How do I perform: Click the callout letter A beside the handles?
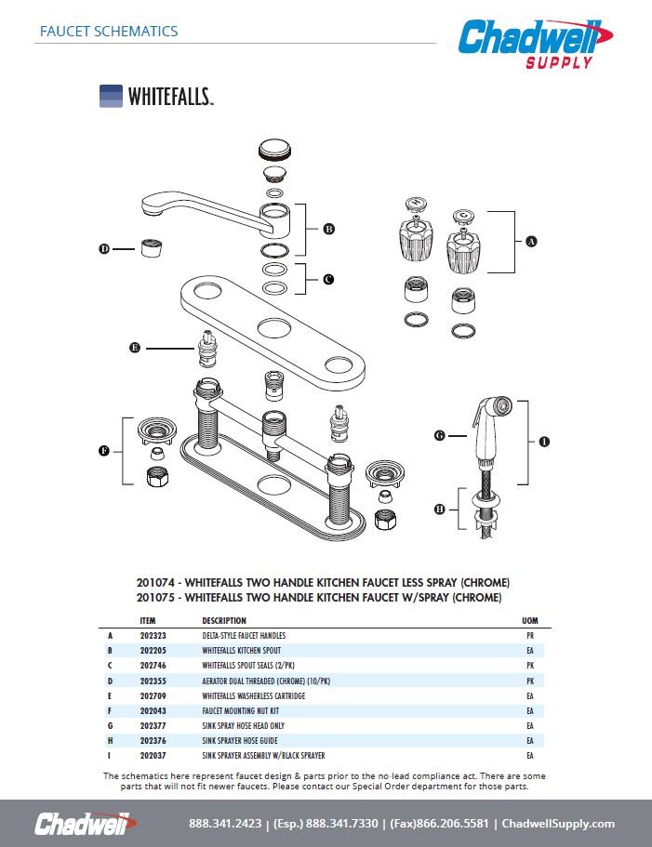tap(532, 242)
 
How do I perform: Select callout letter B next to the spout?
tap(328, 229)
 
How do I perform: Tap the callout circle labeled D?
tap(104, 248)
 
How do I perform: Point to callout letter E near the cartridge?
tap(135, 348)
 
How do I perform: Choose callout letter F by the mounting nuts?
tap(104, 451)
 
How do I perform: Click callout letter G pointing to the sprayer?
tap(440, 435)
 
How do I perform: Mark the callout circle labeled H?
tap(440, 509)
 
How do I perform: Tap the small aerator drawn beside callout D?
tap(152, 249)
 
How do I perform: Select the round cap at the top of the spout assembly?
tap(274, 151)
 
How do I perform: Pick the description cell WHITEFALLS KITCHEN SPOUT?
tap(241, 651)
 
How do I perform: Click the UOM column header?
tap(530, 620)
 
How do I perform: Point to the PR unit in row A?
tap(530, 636)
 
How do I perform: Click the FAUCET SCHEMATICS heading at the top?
tap(109, 31)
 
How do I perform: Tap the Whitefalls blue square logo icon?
tap(111, 97)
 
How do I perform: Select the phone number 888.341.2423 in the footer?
tap(225, 824)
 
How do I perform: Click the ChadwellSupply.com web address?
tap(558, 824)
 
